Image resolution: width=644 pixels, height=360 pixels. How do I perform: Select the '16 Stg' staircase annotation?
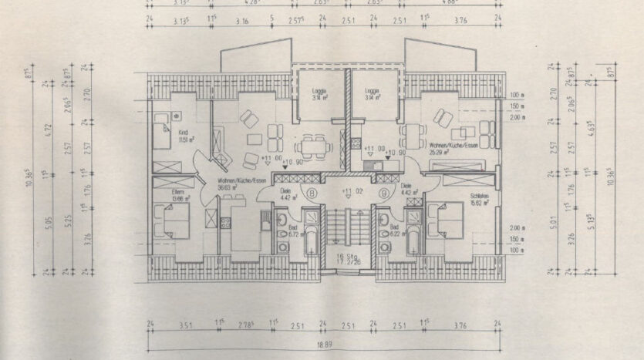coord(347,257)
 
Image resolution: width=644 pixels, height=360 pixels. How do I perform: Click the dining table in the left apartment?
coord(312,143)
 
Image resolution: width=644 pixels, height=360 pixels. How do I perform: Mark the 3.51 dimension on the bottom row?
coord(185,325)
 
